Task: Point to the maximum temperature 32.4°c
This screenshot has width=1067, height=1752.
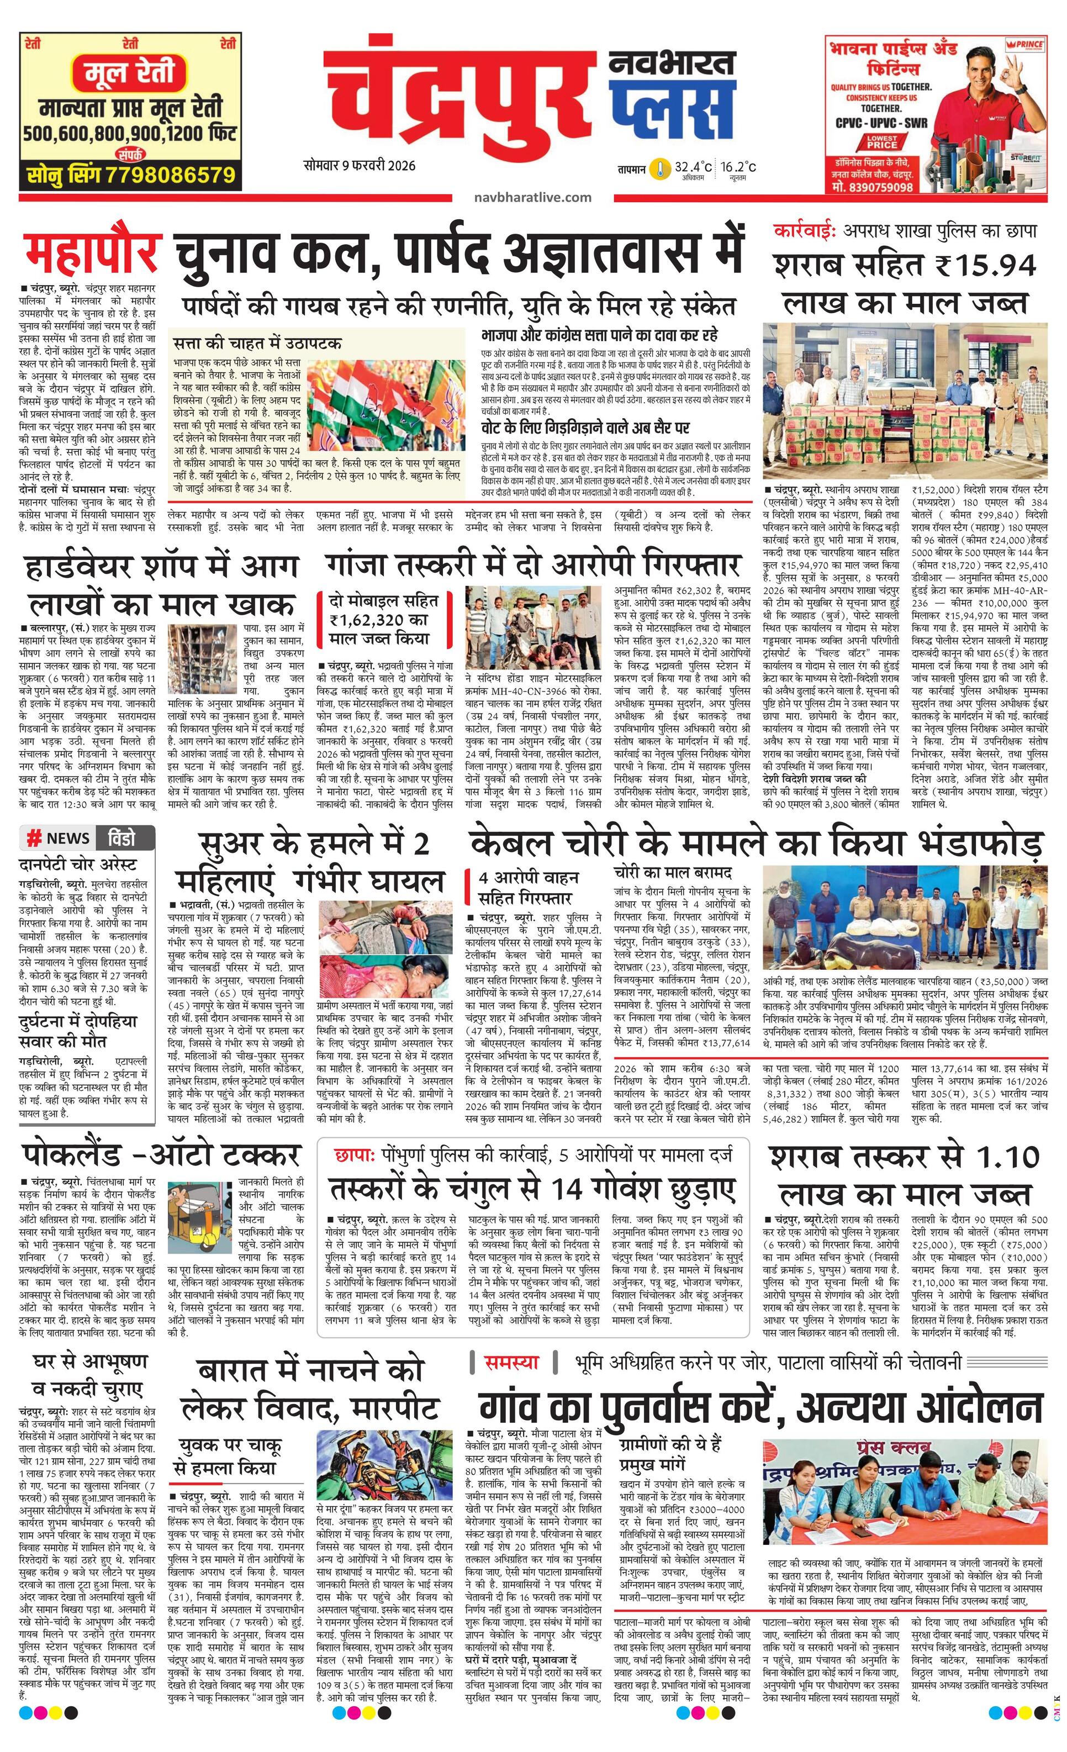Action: click(693, 168)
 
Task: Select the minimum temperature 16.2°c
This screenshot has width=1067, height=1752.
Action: click(737, 168)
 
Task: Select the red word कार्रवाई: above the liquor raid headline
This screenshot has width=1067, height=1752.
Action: click(805, 231)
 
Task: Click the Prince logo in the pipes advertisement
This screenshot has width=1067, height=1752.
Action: click(1025, 45)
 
